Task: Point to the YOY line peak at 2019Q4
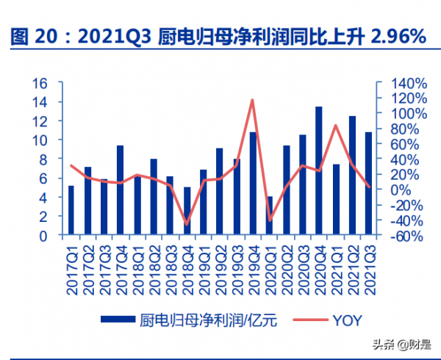[x=253, y=100]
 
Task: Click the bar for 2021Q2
[x=352, y=176]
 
